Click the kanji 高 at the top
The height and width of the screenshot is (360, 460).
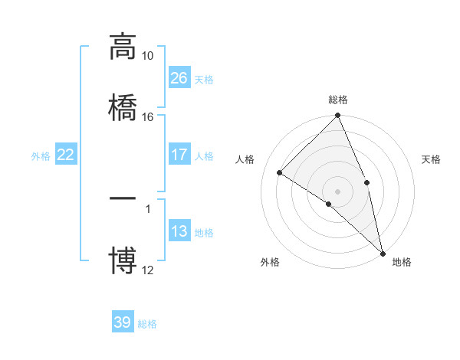coord(123,47)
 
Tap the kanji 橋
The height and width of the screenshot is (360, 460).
coord(123,106)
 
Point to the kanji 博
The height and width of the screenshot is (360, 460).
coord(123,260)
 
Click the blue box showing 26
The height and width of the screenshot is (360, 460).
coord(179,77)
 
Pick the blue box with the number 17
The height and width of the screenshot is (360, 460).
coord(179,155)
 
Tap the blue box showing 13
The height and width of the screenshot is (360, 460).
coord(179,231)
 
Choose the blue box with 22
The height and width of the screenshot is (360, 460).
coord(66,155)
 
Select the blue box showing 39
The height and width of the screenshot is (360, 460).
coord(123,322)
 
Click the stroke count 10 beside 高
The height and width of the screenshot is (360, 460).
coord(148,56)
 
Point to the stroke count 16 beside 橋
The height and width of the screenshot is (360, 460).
coord(148,116)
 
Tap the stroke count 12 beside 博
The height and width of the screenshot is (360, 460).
coord(148,270)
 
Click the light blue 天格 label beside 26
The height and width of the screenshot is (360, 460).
coord(204,79)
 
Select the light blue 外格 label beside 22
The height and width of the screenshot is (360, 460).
coord(41,156)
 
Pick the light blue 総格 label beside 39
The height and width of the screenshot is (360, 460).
coord(147,324)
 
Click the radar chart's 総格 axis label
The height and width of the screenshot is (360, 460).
coord(338,100)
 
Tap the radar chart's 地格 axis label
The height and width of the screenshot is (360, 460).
coord(402,263)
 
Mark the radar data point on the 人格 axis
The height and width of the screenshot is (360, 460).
coord(280,172)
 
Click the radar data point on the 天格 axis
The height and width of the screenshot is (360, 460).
coord(367,182)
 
